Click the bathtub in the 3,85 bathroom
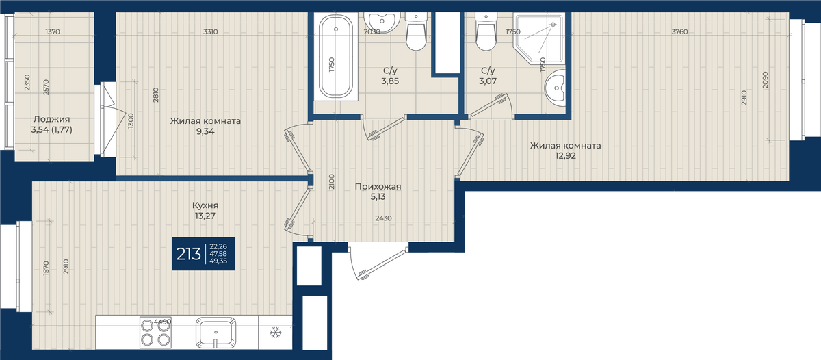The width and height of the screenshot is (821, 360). click(x=336, y=57)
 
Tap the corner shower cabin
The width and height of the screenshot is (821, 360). click(x=539, y=39)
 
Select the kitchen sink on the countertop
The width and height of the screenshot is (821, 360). click(x=216, y=332)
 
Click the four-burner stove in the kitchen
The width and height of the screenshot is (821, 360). click(x=155, y=332)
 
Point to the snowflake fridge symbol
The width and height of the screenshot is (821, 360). click(x=275, y=333)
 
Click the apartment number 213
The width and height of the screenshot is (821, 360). click(x=188, y=254)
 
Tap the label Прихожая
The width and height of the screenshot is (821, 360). click(x=378, y=187)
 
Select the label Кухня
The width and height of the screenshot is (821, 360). click(x=205, y=205)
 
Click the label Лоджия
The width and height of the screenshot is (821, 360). click(x=52, y=119)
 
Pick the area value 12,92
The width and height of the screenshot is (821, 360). click(x=565, y=156)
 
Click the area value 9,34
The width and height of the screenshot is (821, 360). click(x=205, y=131)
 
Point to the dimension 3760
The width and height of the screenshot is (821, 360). click(x=679, y=32)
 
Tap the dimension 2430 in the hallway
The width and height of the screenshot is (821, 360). click(x=383, y=218)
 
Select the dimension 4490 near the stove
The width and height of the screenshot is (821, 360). click(x=162, y=322)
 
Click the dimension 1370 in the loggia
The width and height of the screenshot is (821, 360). click(x=53, y=32)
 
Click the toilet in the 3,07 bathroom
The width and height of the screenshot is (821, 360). click(x=486, y=31)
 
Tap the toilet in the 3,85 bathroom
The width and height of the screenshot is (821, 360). click(x=416, y=31)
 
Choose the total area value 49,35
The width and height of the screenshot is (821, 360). click(x=218, y=261)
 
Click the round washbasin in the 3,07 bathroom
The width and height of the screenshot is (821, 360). click(x=555, y=88)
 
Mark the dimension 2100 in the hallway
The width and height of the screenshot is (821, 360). click(x=331, y=181)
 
